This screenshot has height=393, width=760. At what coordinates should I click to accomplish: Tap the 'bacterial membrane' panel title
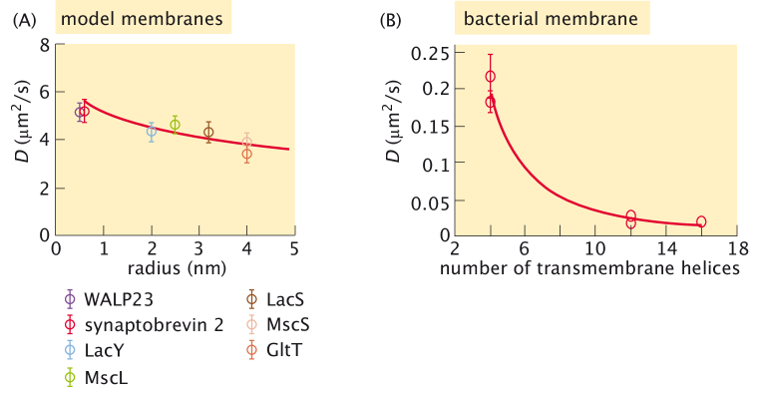pyautogui.click(x=551, y=19)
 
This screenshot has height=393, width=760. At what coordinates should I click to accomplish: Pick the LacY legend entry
pyautogui.click(x=99, y=350)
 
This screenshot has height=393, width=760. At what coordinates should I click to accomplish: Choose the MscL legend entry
pyautogui.click(x=101, y=377)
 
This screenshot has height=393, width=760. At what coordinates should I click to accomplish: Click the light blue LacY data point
pyautogui.click(x=152, y=131)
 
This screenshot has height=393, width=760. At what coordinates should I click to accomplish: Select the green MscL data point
pyautogui.click(x=175, y=124)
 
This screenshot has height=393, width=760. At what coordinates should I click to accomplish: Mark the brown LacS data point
pyautogui.click(x=208, y=132)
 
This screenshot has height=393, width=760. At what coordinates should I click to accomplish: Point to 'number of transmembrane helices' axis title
pyautogui.click(x=596, y=267)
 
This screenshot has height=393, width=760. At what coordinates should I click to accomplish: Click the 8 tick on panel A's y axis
pyautogui.click(x=45, y=44)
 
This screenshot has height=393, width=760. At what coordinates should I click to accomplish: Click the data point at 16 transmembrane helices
pyautogui.click(x=701, y=221)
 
